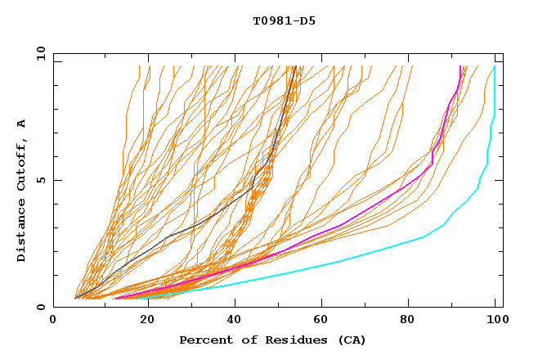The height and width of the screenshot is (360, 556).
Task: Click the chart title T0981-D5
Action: [x=284, y=21]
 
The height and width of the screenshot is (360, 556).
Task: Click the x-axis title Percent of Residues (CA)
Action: [x=272, y=340]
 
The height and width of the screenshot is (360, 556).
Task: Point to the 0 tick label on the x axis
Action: [x=53, y=321]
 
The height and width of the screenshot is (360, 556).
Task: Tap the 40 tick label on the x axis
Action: [x=234, y=321]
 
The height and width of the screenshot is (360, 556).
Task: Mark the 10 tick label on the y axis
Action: [x=39, y=53]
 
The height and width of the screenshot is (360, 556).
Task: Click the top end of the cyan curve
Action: [x=495, y=67]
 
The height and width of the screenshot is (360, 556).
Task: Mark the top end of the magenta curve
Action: [x=460, y=67]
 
